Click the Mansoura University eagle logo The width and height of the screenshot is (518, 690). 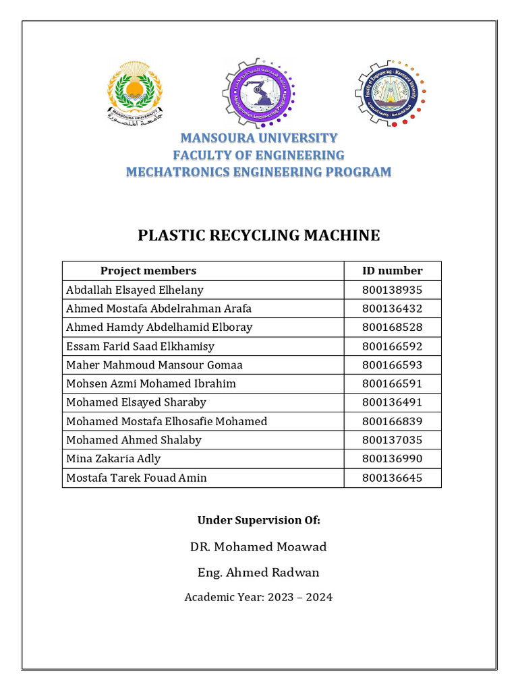coord(134,92)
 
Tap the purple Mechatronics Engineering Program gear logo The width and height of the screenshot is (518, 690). coord(258,92)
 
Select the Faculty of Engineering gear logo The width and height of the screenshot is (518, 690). coord(391,92)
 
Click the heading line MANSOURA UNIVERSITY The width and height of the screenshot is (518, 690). coord(258,138)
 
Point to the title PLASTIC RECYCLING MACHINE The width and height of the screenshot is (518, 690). coord(258,235)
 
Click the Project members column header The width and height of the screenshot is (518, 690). coord(148,271)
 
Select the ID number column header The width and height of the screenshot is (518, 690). coord(392,271)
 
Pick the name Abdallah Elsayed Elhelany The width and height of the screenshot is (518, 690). coord(135,290)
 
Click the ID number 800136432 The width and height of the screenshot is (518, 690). coord(392,309)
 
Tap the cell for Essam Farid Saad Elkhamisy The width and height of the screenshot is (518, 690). coord(140,346)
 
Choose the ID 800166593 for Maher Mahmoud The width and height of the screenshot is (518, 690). coord(392,365)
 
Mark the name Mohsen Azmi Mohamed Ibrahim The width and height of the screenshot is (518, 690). coord(151,383)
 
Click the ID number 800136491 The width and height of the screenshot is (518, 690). coord(392,402)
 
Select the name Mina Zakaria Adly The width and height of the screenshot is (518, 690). coord(113,459)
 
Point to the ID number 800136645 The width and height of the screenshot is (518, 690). coord(392,478)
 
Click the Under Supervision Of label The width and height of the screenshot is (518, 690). coord(258,520)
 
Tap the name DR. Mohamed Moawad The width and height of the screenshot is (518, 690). coord(258,546)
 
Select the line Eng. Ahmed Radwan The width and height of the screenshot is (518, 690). coord(258,573)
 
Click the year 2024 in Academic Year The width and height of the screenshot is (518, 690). coord(318,597)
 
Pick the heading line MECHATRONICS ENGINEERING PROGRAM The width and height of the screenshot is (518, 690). coord(258,172)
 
